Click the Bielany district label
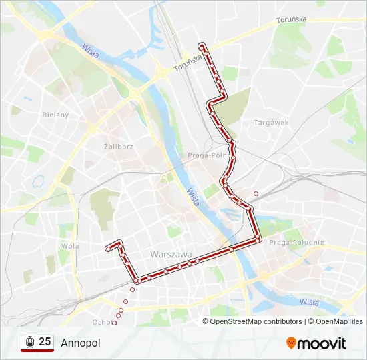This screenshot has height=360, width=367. coord(55,115)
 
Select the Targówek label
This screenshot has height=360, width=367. coord(270,123)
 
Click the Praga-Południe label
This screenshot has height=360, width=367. coord(296,243)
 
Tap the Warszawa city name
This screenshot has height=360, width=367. coord(171,255)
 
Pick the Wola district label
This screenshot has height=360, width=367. coord(69,245)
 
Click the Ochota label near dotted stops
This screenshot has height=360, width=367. coord(102,323)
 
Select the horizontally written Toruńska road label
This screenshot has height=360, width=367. coord(291,20)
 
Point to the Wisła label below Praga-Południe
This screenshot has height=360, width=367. coord(308,302)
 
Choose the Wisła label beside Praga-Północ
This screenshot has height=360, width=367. coord(193,197)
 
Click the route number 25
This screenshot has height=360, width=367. coord(45,342)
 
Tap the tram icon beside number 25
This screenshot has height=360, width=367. coord(29,343)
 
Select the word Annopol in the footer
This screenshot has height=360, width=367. coord(80,343)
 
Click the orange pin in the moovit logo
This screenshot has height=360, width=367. coord(291,343)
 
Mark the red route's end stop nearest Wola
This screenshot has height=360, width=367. coord(107,249)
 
